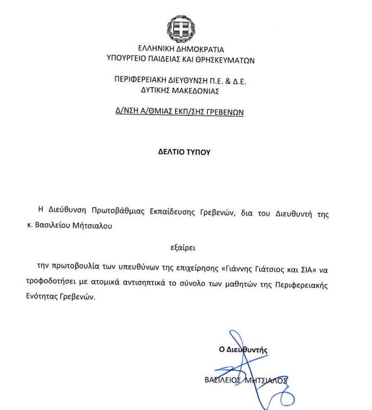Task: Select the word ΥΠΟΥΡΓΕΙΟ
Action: coord(127,59)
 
